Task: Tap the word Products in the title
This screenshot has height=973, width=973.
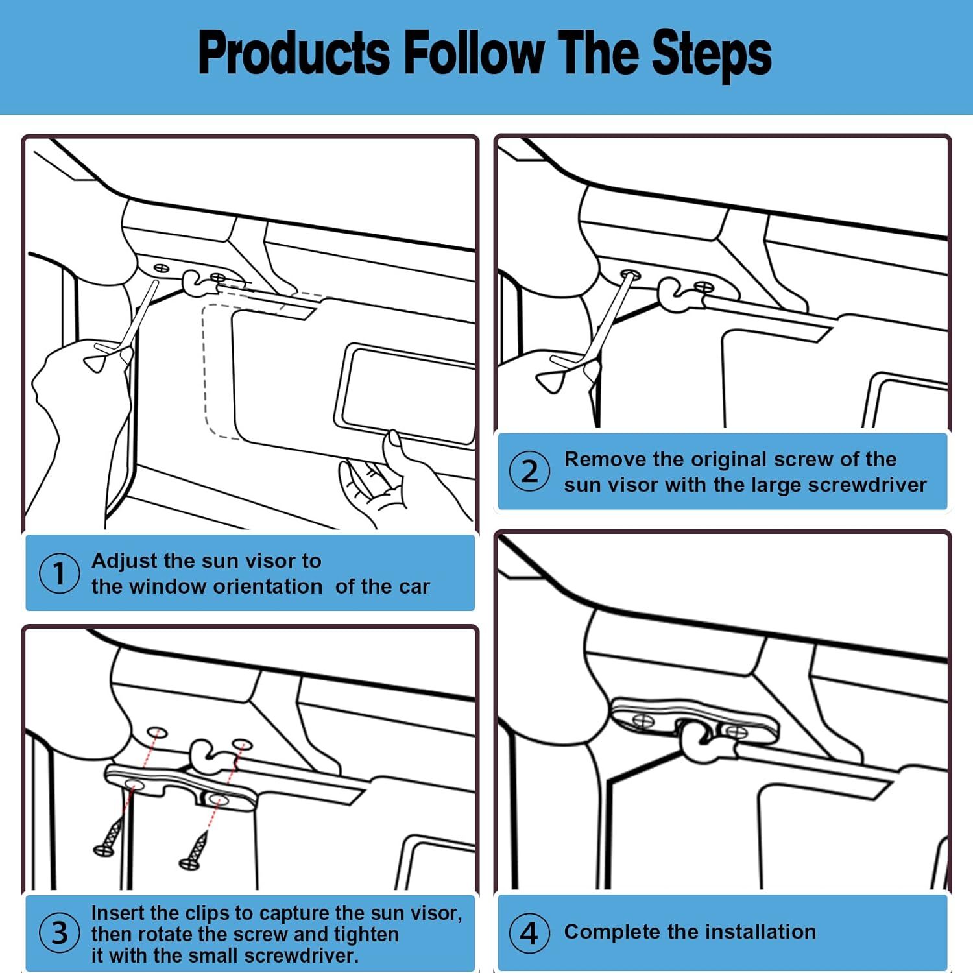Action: (x=294, y=52)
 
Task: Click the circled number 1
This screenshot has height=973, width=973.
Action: (x=59, y=573)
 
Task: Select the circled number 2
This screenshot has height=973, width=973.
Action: (x=529, y=471)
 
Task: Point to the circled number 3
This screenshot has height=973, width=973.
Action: (x=59, y=932)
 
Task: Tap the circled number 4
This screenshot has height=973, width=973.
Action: (x=529, y=933)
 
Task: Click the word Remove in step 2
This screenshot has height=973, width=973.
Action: (x=605, y=459)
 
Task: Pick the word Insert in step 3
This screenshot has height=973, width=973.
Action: (x=117, y=913)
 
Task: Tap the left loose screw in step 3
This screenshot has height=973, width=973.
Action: (x=109, y=837)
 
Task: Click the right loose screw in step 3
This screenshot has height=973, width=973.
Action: (x=194, y=850)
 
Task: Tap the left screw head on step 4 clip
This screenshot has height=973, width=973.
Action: (x=643, y=720)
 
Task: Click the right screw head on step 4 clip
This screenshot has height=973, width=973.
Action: (x=736, y=732)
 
